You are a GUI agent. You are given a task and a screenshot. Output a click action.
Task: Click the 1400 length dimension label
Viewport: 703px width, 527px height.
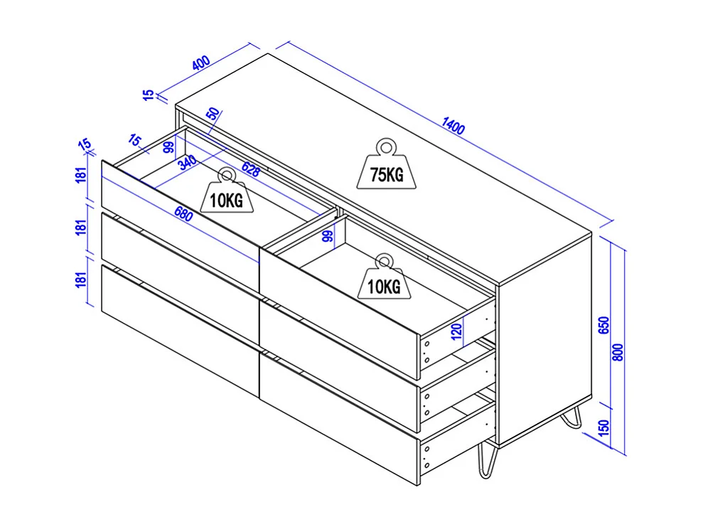click(454, 126)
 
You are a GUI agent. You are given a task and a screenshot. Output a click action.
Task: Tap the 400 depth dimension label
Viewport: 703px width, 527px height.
click(201, 63)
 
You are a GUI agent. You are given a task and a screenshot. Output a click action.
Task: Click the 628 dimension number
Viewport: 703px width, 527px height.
click(251, 169)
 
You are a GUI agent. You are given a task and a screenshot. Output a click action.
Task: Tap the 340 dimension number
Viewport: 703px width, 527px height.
click(187, 162)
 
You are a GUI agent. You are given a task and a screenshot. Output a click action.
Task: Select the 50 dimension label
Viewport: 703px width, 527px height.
click(214, 114)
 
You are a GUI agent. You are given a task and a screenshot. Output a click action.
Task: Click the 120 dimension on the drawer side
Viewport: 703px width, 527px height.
click(456, 331)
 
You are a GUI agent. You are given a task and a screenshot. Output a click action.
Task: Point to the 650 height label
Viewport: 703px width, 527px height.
click(604, 325)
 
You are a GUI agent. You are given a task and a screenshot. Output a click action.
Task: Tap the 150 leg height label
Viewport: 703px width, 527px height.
click(604, 427)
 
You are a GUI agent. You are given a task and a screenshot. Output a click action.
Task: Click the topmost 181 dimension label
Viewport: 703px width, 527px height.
click(81, 174)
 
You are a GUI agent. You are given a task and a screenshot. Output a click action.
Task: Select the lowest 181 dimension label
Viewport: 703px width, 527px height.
click(81, 280)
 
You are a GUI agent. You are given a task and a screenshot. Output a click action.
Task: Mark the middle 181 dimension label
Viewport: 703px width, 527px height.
click(81, 227)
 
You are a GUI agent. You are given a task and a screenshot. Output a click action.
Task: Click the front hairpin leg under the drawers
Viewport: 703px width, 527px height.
click(487, 459)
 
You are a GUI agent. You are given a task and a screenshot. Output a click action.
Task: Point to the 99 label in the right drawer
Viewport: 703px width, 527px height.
click(328, 236)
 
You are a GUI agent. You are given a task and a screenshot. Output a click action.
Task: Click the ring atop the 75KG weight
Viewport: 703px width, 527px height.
click(385, 147)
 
